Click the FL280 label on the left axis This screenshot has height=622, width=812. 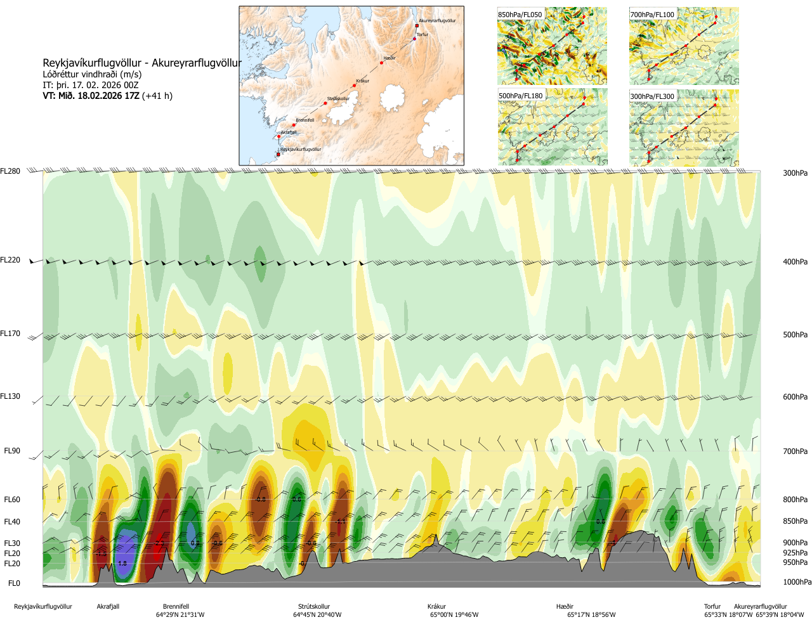tap(10, 171)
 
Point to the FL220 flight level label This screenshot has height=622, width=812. tap(10, 260)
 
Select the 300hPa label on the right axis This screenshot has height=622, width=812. tap(795, 173)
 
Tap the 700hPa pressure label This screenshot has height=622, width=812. tap(795, 451)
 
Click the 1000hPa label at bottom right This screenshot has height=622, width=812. tap(797, 582)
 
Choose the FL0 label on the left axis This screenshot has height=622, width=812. tap(14, 583)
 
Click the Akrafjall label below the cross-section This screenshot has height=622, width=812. tap(108, 607)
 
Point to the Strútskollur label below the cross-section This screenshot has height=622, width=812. tap(314, 607)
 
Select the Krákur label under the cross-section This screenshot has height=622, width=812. tap(436, 607)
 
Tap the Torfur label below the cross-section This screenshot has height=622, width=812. tap(712, 607)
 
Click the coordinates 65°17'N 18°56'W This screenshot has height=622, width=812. tap(591, 615)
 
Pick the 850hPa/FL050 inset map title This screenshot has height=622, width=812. tap(520, 15)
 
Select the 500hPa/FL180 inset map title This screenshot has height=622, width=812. tap(521, 96)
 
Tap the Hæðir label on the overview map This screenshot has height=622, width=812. tap(390, 58)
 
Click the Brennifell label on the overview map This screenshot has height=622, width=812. tap(304, 120)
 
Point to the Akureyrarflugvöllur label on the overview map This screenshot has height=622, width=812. tap(437, 21)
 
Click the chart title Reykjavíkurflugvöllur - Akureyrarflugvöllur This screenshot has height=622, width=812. tap(142, 63)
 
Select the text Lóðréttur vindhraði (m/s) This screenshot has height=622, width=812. tap(92, 74)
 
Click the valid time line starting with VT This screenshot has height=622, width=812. tap(107, 96)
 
